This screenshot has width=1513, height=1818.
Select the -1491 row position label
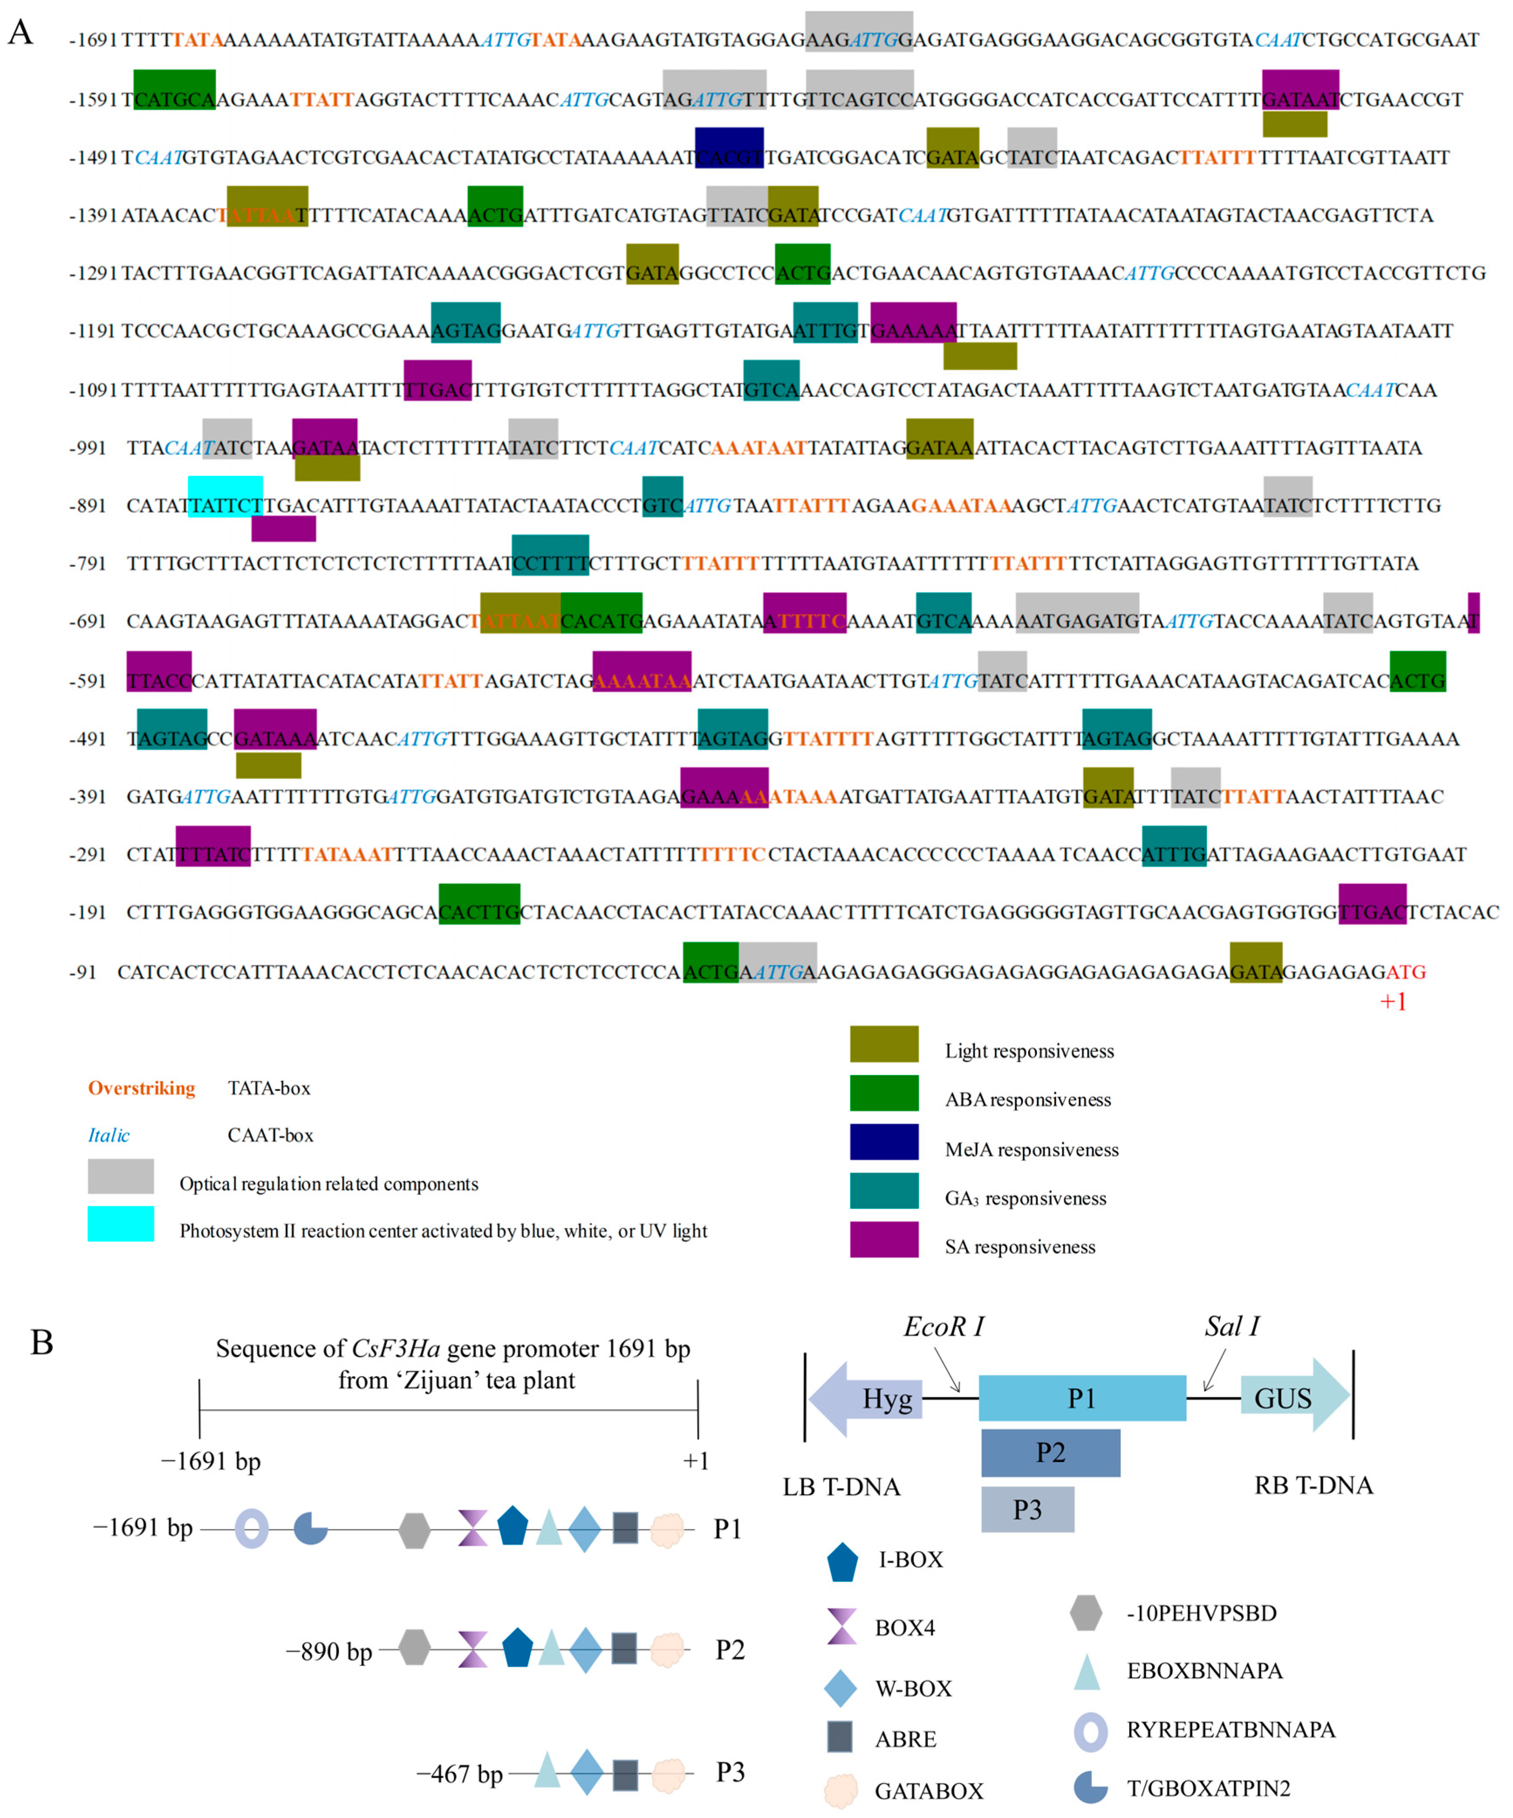93,158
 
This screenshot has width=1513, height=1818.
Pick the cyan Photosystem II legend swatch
120,1223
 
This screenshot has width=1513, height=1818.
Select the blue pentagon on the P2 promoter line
517,1648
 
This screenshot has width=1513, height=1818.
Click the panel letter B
41,1343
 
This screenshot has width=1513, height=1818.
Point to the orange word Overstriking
141,1088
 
